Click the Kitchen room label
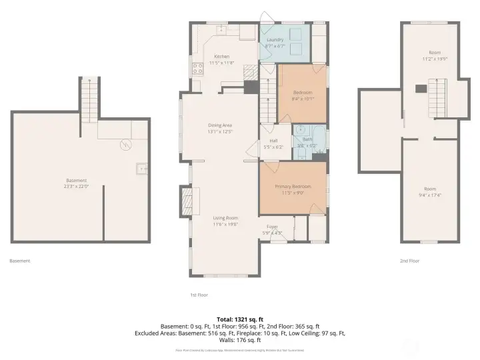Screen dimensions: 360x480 [x=221, y=57]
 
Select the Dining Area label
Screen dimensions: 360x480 [x=219, y=125]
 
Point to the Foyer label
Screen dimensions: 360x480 [x=272, y=227]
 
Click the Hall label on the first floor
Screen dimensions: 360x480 [x=273, y=141]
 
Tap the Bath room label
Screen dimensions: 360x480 [x=308, y=140]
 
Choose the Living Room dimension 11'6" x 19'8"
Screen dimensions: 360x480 [x=225, y=224]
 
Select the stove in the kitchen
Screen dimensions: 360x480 [x=198, y=67]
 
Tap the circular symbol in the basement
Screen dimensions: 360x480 [x=123, y=144]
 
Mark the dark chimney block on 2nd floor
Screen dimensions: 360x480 [x=420, y=87]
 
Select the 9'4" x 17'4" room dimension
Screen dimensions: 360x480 [x=429, y=195]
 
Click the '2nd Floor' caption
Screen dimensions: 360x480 [x=409, y=261]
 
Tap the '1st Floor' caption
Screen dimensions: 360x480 [x=199, y=293]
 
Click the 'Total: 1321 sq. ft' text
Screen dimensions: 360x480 [x=239, y=319]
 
